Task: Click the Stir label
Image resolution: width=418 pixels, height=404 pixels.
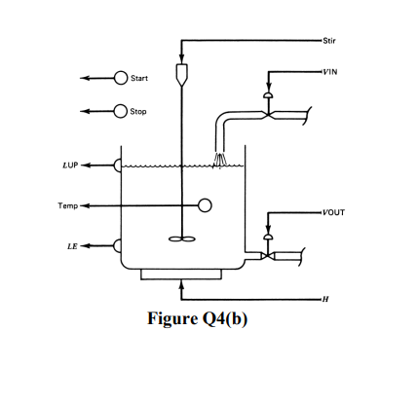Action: [327, 40]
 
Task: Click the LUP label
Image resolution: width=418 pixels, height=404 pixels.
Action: [69, 165]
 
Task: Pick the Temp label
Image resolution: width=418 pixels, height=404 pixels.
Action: [66, 205]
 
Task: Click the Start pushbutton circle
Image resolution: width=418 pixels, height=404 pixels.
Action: [121, 78]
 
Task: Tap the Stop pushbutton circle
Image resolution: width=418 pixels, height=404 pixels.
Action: [121, 111]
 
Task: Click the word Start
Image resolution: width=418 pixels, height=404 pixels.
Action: [139, 78]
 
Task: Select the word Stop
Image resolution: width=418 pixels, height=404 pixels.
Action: [138, 111]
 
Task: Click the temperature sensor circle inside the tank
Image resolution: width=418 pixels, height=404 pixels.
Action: [206, 205]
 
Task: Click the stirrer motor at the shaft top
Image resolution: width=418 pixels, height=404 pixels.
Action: [181, 72]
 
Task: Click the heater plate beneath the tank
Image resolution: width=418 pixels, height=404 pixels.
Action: [181, 275]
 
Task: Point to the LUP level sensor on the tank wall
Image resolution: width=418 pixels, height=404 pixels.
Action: [118, 165]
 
